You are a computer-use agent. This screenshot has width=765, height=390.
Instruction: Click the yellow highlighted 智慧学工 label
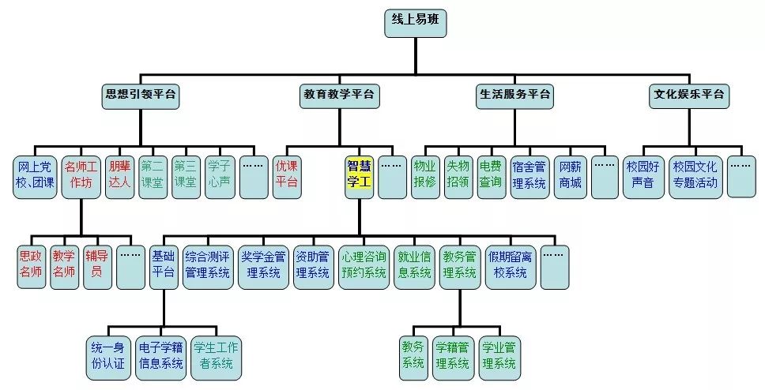pyautogui.click(x=359, y=174)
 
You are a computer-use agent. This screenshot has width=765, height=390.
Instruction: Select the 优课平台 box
pyautogui.click(x=286, y=174)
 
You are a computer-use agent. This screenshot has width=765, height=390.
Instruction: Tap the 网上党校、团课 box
pyautogui.click(x=34, y=174)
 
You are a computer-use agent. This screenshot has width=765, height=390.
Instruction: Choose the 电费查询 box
pyautogui.click(x=490, y=174)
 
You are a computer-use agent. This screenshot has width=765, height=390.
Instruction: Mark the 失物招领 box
pyautogui.click(x=458, y=174)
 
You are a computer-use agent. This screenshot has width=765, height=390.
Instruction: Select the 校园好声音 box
pyautogui.click(x=644, y=174)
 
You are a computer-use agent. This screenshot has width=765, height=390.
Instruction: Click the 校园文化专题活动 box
pyautogui.click(x=695, y=174)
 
